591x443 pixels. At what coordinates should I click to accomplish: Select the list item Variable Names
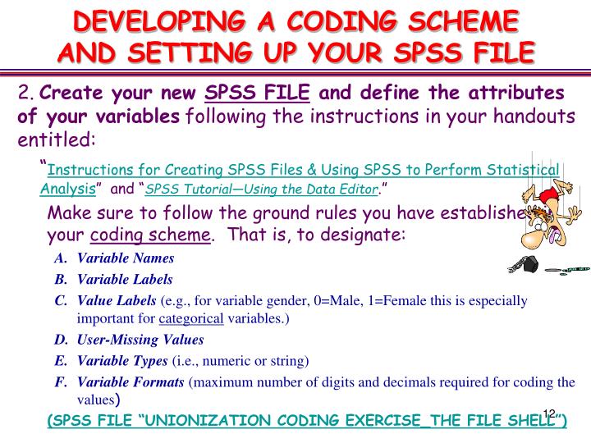click(125, 258)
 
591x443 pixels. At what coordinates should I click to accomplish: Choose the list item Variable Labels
click(125, 279)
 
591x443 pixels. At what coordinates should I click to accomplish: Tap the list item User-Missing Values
click(140, 339)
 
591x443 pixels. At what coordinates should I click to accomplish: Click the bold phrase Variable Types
click(121, 360)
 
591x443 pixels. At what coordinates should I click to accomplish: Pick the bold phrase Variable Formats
click(131, 381)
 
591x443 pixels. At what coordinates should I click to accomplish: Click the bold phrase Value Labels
click(117, 300)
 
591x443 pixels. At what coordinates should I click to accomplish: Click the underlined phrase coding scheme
click(149, 235)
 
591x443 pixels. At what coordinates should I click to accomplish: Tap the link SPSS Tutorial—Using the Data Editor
click(261, 190)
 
